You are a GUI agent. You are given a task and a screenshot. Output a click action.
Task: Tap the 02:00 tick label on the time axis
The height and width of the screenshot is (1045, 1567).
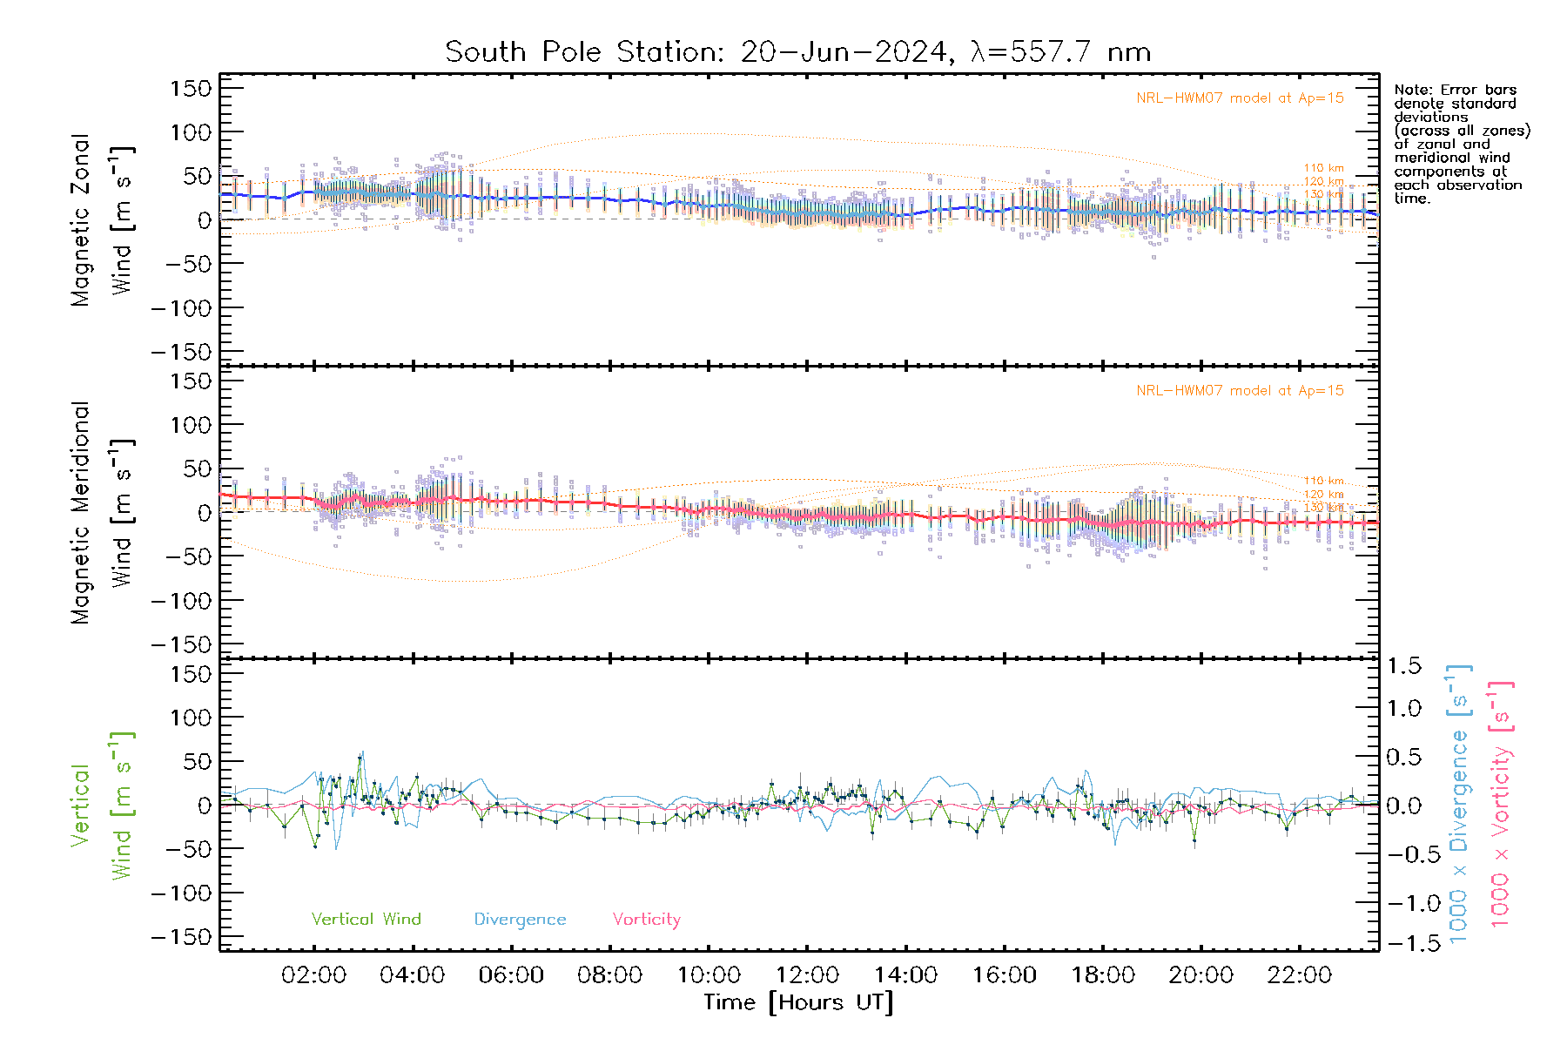(x=313, y=975)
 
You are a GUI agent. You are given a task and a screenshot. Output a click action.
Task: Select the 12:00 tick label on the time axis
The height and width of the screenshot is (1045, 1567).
(x=807, y=975)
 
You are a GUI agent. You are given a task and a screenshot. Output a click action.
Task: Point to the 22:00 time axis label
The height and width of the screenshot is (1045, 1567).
(x=1300, y=975)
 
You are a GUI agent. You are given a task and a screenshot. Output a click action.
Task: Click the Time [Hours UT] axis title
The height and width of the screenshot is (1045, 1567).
(x=798, y=1002)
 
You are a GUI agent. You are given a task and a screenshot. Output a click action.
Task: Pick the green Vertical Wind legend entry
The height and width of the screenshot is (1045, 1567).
(x=366, y=920)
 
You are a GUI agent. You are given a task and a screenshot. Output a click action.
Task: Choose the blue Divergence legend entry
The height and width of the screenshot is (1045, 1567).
(x=520, y=920)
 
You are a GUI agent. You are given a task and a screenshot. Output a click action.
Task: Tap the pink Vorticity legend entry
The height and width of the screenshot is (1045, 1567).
(x=646, y=920)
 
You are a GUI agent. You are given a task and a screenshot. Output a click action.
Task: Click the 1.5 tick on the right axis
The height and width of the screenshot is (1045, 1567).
(x=1404, y=666)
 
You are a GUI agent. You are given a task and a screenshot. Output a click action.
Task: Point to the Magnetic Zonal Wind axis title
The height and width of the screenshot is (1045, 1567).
(x=103, y=220)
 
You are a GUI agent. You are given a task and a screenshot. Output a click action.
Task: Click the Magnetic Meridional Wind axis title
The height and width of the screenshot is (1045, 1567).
(x=103, y=513)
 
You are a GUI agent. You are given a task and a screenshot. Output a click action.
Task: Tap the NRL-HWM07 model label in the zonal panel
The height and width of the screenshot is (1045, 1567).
(x=1240, y=98)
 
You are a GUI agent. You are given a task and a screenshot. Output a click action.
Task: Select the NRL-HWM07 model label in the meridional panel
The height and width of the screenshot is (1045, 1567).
(x=1240, y=391)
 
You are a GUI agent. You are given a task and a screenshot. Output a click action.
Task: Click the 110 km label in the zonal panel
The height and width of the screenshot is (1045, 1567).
(x=1323, y=168)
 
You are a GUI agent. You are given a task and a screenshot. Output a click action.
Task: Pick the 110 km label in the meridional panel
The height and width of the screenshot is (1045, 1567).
(x=1323, y=481)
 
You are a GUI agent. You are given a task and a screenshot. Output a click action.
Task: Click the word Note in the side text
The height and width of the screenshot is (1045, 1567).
(x=1411, y=91)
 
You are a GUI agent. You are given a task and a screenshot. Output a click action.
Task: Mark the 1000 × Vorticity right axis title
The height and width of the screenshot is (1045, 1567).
(x=1501, y=804)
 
